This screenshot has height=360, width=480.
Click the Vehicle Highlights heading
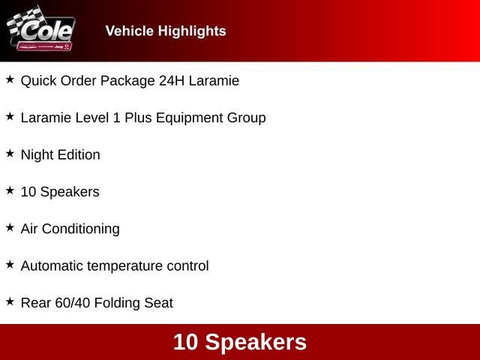(166, 31)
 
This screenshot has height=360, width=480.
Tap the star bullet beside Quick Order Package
(10, 79)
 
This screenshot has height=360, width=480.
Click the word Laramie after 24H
(214, 80)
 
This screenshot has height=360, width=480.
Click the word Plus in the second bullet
(139, 118)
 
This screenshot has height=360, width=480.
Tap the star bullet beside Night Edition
(10, 154)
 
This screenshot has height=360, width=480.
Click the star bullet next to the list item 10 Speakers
(10, 190)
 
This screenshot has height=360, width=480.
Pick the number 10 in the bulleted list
(28, 192)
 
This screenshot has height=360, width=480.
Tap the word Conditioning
(81, 229)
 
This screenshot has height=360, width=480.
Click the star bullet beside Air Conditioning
(10, 227)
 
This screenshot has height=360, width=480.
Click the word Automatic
(52, 266)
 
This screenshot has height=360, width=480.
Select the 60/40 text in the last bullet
(73, 303)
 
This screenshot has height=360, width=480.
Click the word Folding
(118, 304)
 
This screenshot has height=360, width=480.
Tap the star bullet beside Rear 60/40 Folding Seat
(10, 301)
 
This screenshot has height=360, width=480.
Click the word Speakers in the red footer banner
(256, 342)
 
